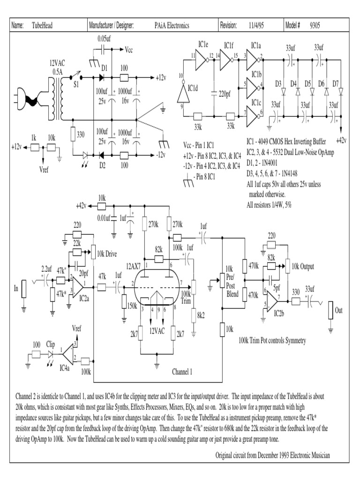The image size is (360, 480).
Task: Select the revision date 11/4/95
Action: click(x=258, y=26)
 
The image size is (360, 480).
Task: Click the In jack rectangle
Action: click(x=25, y=289)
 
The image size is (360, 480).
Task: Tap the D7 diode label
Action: click(x=336, y=83)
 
